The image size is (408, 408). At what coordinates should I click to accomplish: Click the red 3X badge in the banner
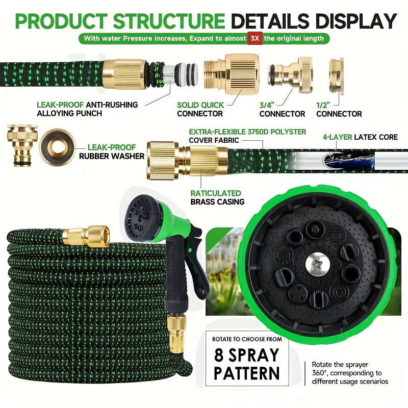[254, 38]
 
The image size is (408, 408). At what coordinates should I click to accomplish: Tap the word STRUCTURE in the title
[169, 21]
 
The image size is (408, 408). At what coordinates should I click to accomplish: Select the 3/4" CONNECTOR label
[282, 110]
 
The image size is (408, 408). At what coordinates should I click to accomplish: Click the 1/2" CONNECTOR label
[339, 110]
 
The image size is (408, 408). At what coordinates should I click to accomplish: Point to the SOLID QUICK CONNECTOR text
[200, 109]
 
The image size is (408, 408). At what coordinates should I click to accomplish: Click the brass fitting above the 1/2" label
[336, 75]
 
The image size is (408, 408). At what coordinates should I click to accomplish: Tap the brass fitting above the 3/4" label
[290, 74]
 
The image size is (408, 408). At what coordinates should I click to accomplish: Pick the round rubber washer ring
[57, 147]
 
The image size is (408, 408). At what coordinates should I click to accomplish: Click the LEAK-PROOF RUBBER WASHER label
[112, 151]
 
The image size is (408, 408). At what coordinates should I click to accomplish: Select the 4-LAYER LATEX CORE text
[360, 137]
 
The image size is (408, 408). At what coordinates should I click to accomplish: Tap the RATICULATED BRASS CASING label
[217, 197]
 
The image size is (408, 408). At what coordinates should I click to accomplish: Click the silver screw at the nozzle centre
[317, 264]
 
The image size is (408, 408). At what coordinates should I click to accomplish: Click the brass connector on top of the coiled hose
[86, 236]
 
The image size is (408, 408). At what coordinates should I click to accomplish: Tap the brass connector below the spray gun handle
[176, 334]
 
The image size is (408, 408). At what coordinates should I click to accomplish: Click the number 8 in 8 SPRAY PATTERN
[219, 355]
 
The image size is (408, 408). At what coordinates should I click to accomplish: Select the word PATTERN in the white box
[246, 373]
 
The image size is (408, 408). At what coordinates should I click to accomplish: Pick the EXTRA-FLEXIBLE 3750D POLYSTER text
[247, 132]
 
